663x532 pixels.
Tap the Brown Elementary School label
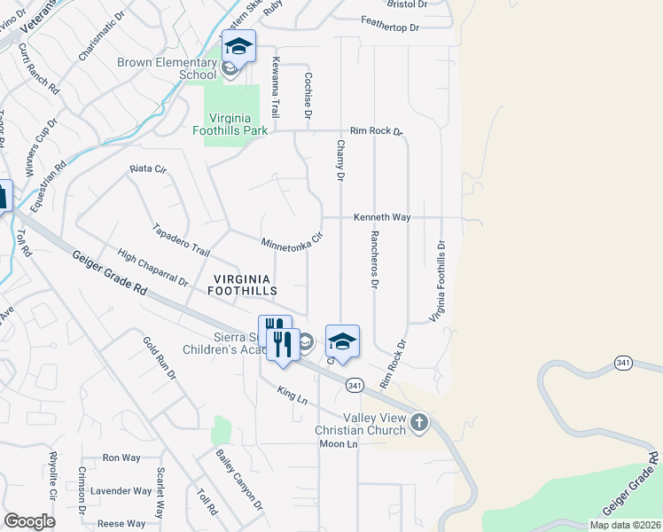coord(167,68)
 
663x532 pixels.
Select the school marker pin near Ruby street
coord(238,47)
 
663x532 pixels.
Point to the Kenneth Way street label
coord(382,216)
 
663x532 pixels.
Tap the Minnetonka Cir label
coord(290,242)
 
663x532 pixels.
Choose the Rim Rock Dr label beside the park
coord(376,130)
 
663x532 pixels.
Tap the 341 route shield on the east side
coord(624,364)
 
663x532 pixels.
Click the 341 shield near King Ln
coord(355,385)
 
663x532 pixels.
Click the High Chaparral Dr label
coord(152,268)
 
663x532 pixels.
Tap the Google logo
coord(29,520)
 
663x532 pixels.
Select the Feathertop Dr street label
coord(389,27)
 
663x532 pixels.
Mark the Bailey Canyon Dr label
coord(239,480)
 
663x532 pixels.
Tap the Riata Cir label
coord(148,168)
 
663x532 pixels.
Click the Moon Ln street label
coord(338,443)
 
